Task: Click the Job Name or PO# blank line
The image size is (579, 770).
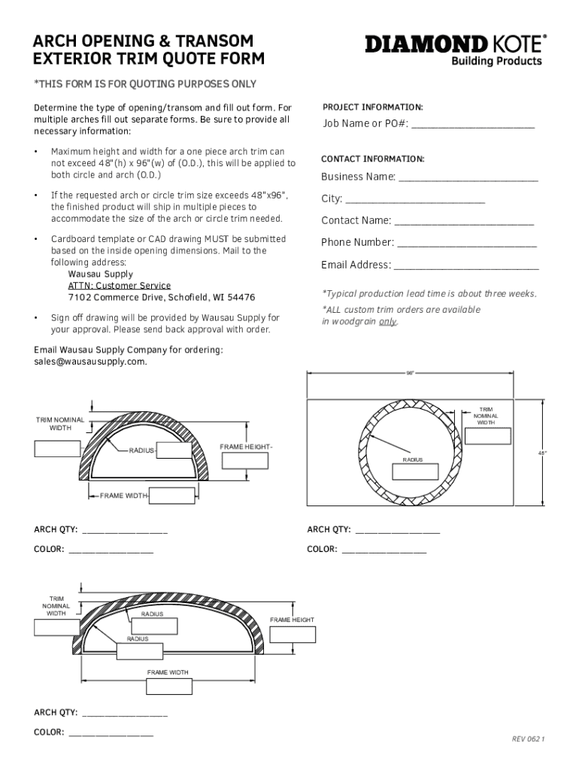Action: (473, 126)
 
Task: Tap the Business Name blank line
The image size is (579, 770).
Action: (468, 180)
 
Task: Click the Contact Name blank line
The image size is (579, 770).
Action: (464, 223)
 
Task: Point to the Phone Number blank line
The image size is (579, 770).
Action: (467, 245)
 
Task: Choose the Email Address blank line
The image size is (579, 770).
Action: (466, 268)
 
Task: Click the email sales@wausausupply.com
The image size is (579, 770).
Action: (90, 361)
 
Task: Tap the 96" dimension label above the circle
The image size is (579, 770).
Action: (411, 373)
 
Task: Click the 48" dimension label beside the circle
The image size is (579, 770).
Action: (541, 453)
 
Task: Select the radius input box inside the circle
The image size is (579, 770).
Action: (411, 472)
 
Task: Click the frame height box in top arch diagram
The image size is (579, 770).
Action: (245, 461)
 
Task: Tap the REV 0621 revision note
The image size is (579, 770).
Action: (527, 739)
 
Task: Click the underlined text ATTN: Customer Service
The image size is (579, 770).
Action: (120, 286)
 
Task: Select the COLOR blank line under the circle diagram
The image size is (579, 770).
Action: (383, 551)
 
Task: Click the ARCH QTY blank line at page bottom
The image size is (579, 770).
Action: (124, 715)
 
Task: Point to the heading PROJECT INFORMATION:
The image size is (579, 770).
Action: (372, 107)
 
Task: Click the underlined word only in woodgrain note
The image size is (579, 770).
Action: (387, 321)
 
